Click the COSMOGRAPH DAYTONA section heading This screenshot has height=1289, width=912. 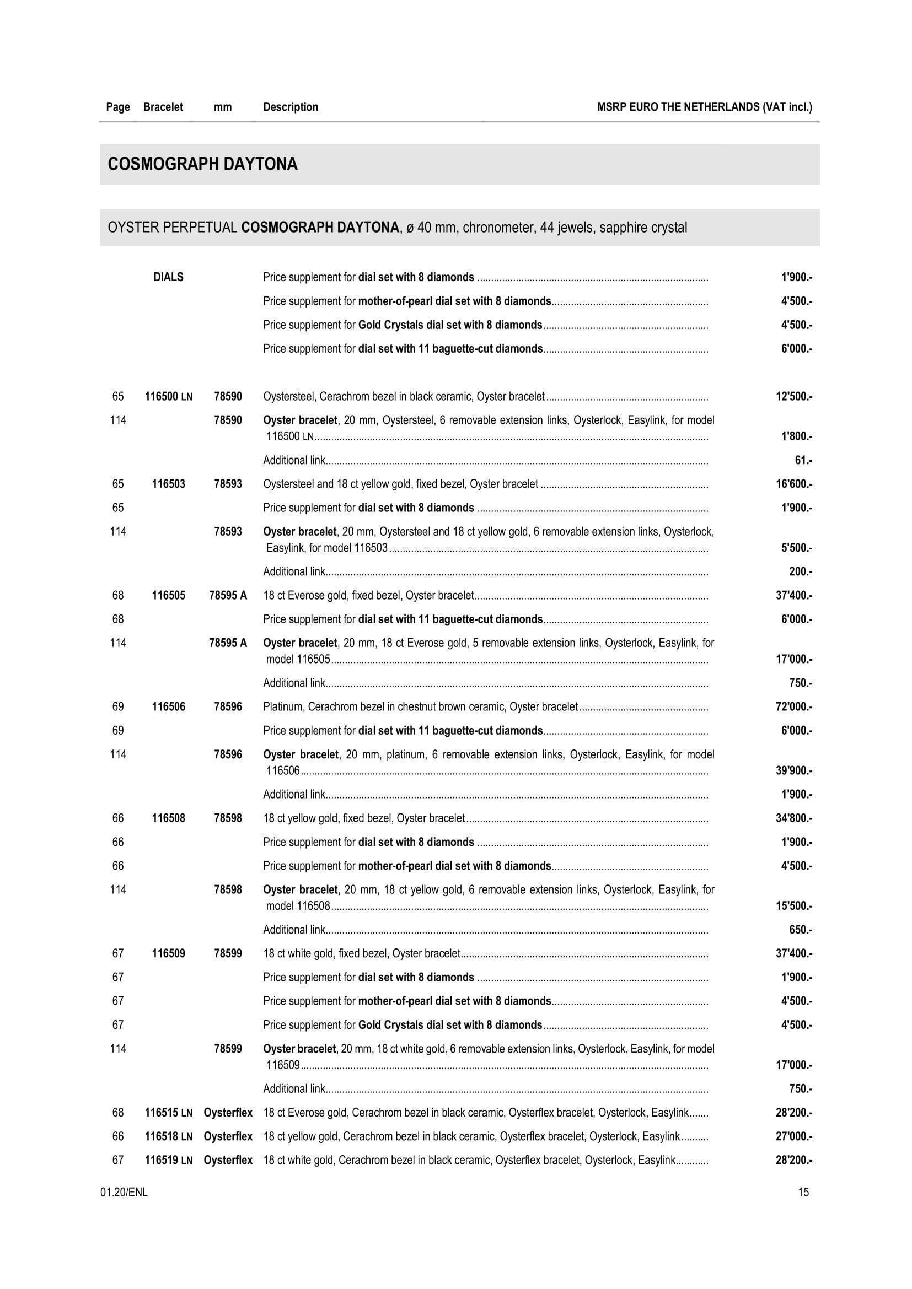pos(203,164)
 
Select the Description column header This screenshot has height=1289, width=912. pos(291,107)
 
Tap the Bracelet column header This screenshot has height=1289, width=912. pos(163,107)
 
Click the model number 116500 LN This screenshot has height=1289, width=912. pos(169,396)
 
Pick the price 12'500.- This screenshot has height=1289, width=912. pos(793,396)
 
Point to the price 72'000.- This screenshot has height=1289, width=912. pos(793,706)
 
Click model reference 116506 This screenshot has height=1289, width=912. pos(169,706)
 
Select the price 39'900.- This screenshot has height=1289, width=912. pos(793,770)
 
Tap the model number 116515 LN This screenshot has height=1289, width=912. pos(169,1112)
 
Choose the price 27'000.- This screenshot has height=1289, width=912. pos(793,1136)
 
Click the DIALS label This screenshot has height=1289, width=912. pos(169,277)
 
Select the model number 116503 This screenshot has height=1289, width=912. pos(169,483)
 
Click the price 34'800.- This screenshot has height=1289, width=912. pos(793,818)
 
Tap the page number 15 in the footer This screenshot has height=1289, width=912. pos(803,1192)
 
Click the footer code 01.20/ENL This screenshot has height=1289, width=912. pos(124,1192)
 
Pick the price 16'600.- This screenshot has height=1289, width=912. pos(793,483)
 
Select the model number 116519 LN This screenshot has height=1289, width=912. pos(169,1160)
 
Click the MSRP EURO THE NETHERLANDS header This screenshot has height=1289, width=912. pos(704,107)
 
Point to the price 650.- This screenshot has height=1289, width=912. pos(800,930)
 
